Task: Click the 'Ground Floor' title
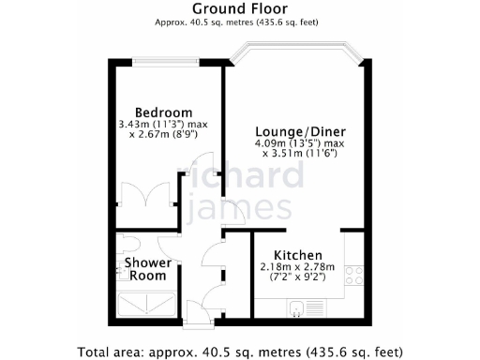[240, 8]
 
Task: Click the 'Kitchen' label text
[298, 255]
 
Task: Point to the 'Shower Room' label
[147, 269]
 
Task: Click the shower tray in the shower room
[146, 303]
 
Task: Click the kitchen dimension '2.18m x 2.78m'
[298, 267]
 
